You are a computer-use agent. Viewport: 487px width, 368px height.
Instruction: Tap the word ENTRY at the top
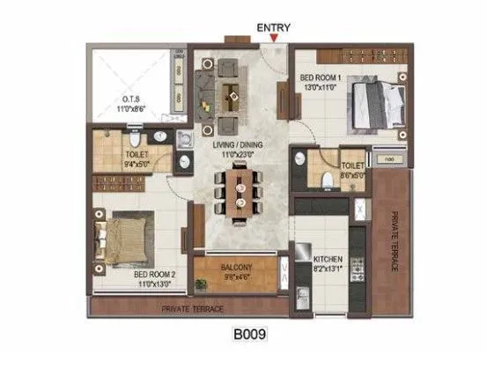pyautogui.click(x=274, y=26)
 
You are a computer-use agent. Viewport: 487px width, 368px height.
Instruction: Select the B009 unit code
pyautogui.click(x=249, y=335)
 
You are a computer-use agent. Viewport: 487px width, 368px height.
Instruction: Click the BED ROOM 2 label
pyautogui.click(x=154, y=275)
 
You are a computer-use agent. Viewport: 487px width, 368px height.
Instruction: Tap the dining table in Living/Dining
pyautogui.click(x=237, y=193)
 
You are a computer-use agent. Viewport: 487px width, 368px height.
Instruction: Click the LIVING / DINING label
pyautogui.click(x=236, y=143)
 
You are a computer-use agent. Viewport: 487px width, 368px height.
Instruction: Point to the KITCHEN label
pyautogui.click(x=328, y=260)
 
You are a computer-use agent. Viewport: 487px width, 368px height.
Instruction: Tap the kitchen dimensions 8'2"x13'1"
pyautogui.click(x=328, y=270)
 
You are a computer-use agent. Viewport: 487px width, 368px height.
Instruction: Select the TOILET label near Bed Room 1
pyautogui.click(x=351, y=165)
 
